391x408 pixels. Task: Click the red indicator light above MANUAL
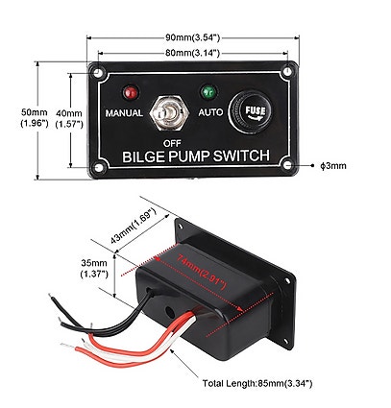tap(129, 94)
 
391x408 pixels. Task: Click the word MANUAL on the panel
tap(124, 113)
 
